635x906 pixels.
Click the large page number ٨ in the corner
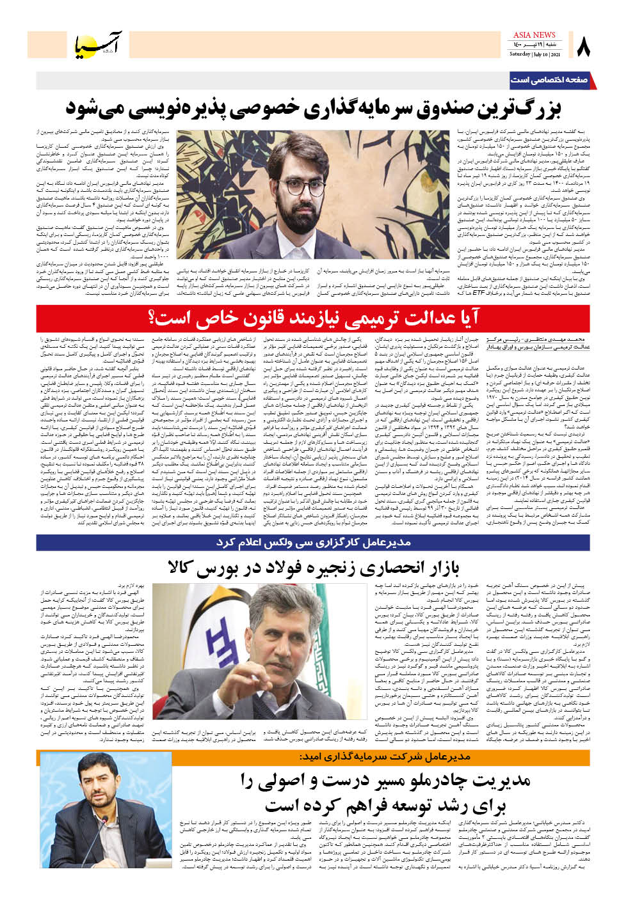coord(583,46)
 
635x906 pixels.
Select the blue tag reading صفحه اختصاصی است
coord(549,80)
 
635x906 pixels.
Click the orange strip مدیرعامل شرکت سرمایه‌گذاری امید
coord(385,756)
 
